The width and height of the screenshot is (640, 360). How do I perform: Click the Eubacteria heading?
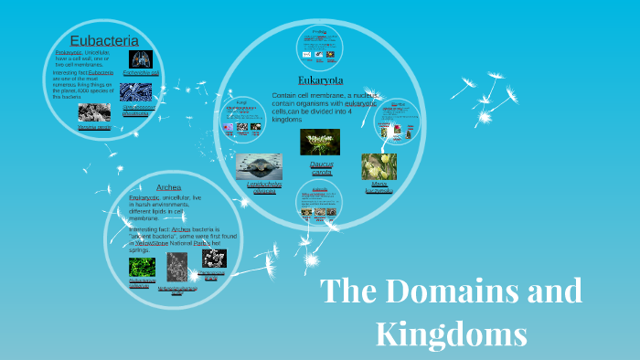[104, 40]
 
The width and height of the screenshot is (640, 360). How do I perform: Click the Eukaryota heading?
[320, 80]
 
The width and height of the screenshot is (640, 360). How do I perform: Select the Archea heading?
[168, 187]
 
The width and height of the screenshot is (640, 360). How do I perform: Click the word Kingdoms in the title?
[451, 333]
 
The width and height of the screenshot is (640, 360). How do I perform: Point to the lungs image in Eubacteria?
[141, 59]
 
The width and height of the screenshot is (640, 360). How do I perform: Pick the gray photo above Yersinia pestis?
[94, 112]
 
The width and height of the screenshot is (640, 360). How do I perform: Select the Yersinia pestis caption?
[94, 127]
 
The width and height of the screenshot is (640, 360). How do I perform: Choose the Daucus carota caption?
[321, 168]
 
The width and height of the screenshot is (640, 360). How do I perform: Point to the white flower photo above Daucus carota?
[320, 142]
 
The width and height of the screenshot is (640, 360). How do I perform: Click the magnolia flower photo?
[379, 166]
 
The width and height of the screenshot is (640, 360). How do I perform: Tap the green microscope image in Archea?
[142, 268]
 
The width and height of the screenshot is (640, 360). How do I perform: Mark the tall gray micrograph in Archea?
[176, 268]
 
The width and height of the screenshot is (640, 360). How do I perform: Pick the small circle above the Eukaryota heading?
[319, 46]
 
